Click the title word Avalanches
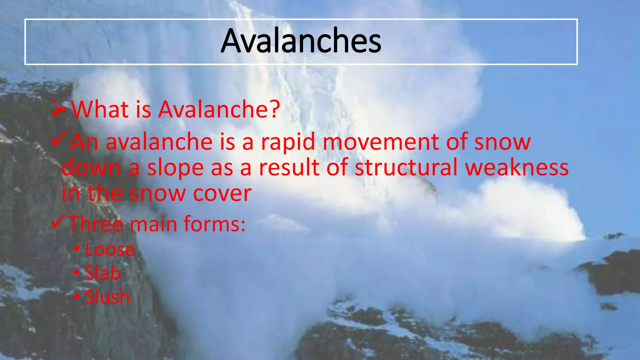(x=301, y=41)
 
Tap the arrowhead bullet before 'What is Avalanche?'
(x=59, y=108)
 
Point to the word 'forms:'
(x=214, y=224)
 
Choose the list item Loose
(x=110, y=250)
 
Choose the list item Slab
(x=102, y=273)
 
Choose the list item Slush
(x=107, y=297)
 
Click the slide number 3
(x=589, y=344)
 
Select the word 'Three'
(x=96, y=224)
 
